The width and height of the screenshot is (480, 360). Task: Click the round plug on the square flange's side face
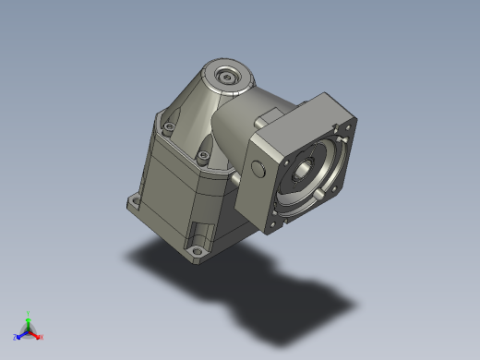(256, 168)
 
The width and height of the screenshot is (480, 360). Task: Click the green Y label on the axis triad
(29, 314)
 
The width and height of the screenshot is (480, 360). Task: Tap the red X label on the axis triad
(42, 337)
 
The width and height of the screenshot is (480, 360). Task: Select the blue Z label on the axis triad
(16, 337)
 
